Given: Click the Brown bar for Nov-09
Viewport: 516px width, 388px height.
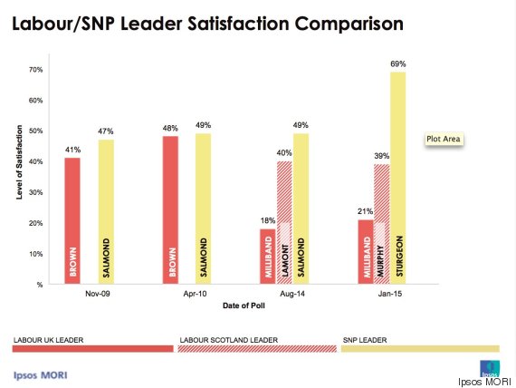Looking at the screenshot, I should tap(72, 221).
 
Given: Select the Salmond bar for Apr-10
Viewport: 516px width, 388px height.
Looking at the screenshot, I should tap(203, 209).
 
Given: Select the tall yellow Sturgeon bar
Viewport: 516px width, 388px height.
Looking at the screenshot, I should tap(398, 178).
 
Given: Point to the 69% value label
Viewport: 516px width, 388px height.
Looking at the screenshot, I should tap(398, 65).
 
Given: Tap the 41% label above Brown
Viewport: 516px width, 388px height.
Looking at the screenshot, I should tap(72, 150).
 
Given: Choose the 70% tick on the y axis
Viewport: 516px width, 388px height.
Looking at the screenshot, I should tap(35, 70).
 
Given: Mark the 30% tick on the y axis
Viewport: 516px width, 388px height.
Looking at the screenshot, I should tap(35, 192).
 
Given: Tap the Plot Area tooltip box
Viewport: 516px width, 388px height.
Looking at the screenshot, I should tap(444, 139).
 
